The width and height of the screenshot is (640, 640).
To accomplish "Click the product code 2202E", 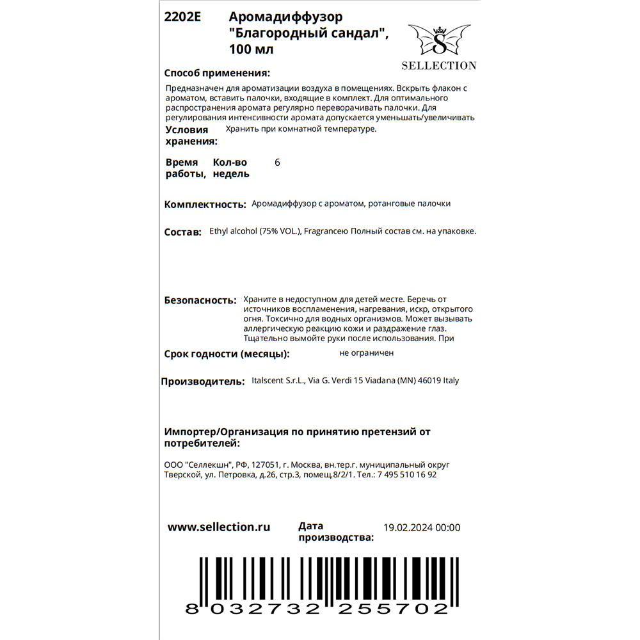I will [182, 18].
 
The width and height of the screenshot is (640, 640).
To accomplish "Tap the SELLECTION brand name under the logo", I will [438, 65].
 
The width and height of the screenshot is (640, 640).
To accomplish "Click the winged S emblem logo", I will [438, 40].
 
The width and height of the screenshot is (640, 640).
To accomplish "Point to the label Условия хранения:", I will [191, 136].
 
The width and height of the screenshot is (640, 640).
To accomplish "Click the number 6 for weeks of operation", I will [277, 163].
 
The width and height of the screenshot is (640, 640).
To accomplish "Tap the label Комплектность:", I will [205, 205].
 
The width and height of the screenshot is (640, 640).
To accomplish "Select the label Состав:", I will [182, 232].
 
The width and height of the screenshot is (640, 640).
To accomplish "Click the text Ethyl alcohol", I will [233, 232].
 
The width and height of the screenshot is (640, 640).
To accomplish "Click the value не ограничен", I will [367, 353].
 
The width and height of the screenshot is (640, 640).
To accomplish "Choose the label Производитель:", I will [202, 381].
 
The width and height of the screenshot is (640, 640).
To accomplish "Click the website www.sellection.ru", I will [218, 527].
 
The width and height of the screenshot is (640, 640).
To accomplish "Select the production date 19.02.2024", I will [408, 528].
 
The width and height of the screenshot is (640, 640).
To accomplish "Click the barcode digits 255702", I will [393, 609].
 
